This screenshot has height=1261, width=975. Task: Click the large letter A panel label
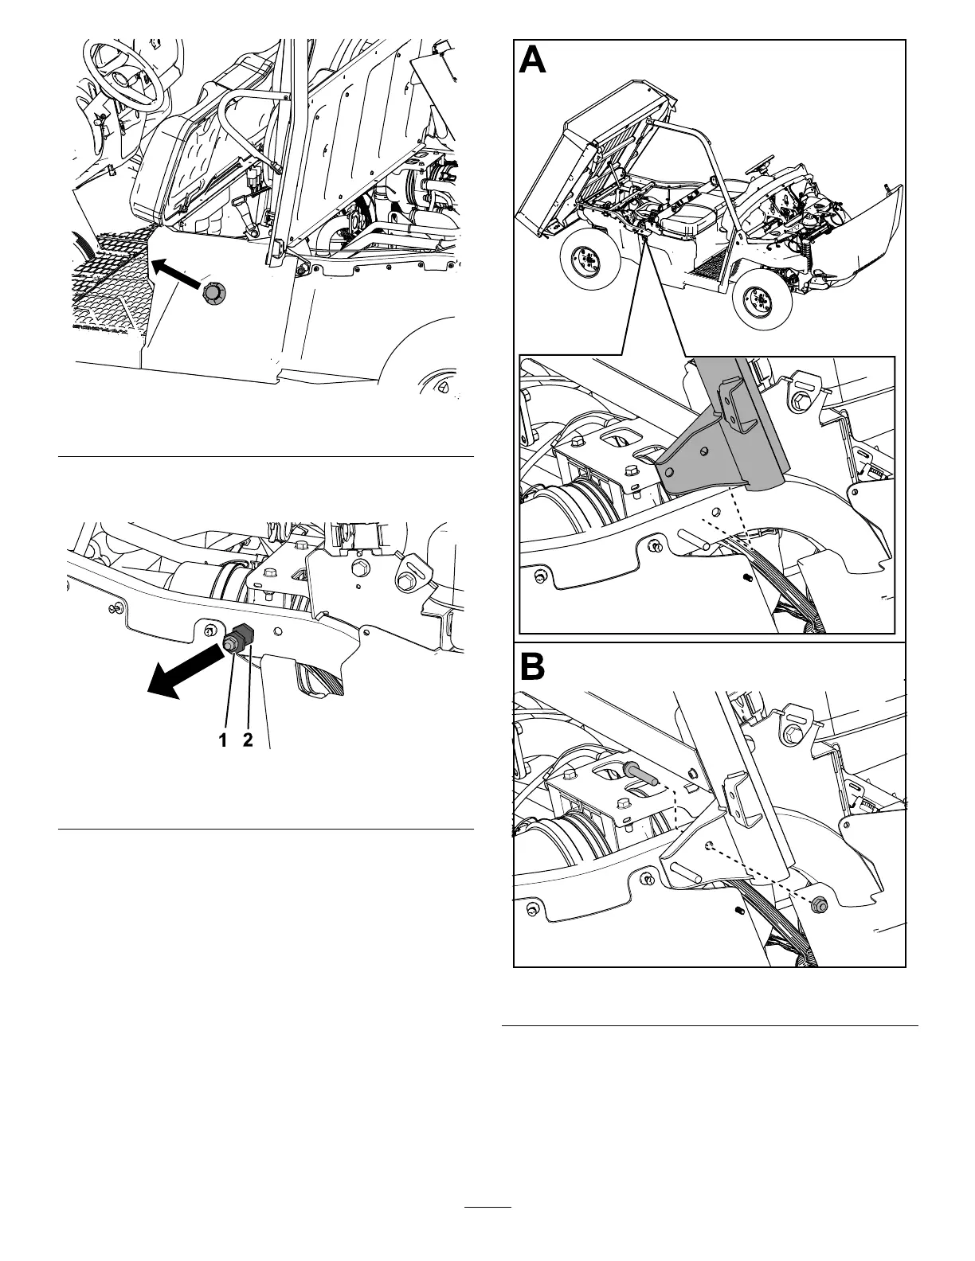pyautogui.click(x=533, y=61)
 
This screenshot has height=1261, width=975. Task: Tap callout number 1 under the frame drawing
pyautogui.click(x=225, y=740)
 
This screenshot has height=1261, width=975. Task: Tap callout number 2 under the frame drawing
pyautogui.click(x=248, y=740)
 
